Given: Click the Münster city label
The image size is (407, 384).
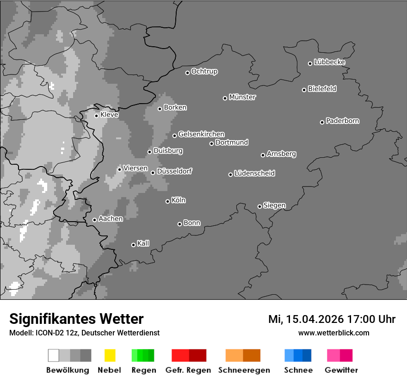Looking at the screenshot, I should (x=242, y=97).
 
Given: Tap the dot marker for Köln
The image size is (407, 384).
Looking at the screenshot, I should (x=167, y=201).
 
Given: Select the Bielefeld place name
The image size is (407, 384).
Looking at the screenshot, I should (x=322, y=89).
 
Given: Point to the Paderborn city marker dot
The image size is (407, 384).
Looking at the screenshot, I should (x=322, y=122).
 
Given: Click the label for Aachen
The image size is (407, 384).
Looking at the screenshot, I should (x=111, y=219).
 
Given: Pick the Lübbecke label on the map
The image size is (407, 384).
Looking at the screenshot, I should (x=330, y=62).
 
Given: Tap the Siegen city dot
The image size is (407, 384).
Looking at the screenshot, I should (x=259, y=206).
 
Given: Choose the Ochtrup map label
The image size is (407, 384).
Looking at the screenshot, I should (x=204, y=71).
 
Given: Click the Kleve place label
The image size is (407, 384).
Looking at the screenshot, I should (x=109, y=115).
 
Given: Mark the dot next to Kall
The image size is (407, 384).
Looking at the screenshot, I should (x=133, y=245).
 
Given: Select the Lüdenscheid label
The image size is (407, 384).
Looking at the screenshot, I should (x=255, y=173).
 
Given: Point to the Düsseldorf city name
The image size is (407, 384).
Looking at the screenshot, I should (x=174, y=171).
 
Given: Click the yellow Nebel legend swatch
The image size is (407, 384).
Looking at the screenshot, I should (x=110, y=355).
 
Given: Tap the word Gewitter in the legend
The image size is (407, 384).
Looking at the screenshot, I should (x=341, y=370).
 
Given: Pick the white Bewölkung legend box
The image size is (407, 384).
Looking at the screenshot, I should (x=54, y=355).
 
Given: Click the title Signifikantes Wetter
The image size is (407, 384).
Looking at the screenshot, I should (x=76, y=319).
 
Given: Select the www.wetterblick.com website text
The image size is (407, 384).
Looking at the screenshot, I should (x=333, y=333).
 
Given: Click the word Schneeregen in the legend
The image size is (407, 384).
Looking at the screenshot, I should (x=244, y=370).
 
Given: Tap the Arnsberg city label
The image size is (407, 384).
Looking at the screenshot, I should (x=281, y=154).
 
